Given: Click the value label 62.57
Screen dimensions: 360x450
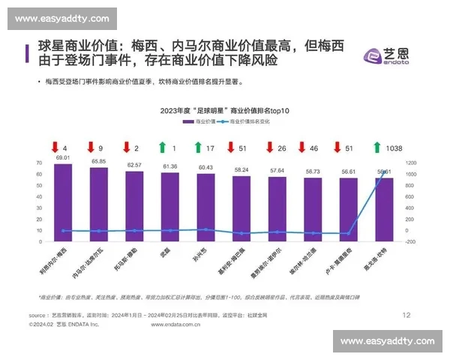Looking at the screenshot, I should click(x=134, y=164).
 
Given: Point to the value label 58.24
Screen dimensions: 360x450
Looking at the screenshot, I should click(x=241, y=170).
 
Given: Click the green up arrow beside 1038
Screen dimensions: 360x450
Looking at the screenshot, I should click(x=376, y=148).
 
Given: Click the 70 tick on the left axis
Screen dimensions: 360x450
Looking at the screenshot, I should click(x=39, y=163).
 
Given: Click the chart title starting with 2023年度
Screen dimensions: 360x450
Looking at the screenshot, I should click(x=224, y=110).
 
